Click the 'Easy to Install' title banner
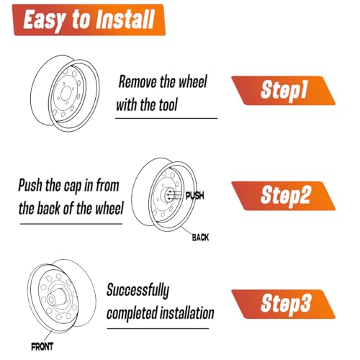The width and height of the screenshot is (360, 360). (x=89, y=20)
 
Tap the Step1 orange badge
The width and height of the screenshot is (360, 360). (x=283, y=91)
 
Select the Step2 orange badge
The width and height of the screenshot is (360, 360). (x=283, y=196)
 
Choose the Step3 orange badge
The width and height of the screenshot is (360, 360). (x=283, y=304)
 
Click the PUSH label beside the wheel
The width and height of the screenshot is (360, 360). (x=195, y=196)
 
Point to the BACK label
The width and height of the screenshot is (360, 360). (x=200, y=238)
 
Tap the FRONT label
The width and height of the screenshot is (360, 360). (x=42, y=347)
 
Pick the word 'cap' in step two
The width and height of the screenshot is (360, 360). (x=73, y=186)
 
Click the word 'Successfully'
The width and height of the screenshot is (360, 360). (x=138, y=291)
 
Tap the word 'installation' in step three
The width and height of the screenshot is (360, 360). (x=187, y=313)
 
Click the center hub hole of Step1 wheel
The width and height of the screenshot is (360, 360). (x=66, y=94)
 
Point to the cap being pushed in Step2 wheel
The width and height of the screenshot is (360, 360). (x=168, y=195)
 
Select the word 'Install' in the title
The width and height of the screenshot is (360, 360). (x=125, y=19)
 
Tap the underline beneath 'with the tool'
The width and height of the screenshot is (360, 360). (x=166, y=118)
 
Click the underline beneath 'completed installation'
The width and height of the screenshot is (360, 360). (x=158, y=328)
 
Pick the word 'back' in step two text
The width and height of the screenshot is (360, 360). (x=49, y=208)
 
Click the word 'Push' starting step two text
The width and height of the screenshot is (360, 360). (x=30, y=186)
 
